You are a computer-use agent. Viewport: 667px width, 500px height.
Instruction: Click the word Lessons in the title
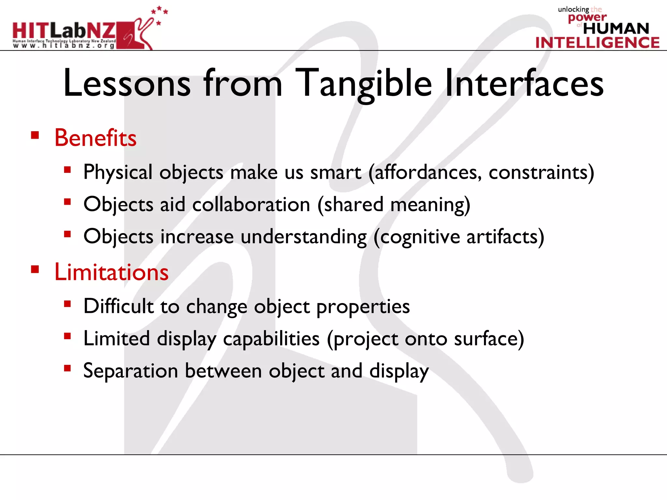tap(127, 84)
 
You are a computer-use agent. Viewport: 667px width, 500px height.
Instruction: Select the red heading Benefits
tap(95, 138)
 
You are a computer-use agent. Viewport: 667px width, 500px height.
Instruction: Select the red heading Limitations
tap(111, 272)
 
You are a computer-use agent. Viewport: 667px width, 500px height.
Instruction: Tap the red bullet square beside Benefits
tap(35, 135)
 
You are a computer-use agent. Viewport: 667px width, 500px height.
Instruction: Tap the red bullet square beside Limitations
tap(35, 269)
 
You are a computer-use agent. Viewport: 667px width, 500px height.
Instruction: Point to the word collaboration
tap(251, 205)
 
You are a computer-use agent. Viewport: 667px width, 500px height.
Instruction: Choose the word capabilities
tap(271, 339)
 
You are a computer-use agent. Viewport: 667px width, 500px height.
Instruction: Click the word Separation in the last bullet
tap(130, 371)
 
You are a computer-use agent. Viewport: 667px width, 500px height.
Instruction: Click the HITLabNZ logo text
tap(64, 31)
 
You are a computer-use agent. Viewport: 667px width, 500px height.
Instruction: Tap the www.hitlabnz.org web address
tap(64, 46)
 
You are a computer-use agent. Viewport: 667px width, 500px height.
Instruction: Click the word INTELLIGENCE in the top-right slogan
tap(597, 43)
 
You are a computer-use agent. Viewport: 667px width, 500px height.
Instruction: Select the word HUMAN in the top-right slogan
tap(616, 29)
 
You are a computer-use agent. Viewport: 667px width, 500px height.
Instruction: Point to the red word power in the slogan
tap(587, 17)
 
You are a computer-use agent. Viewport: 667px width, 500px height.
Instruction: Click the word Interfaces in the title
tap(524, 84)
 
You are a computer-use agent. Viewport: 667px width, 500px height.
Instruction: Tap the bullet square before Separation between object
tap(67, 368)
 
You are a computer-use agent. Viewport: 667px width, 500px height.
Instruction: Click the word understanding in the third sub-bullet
tap(304, 237)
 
